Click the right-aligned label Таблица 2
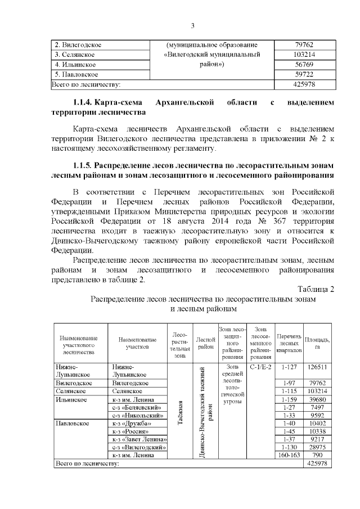(x=316, y=289)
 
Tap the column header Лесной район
(x=206, y=342)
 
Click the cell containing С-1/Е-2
(x=260, y=367)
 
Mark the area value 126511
(x=317, y=367)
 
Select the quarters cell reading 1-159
(x=288, y=399)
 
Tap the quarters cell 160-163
(x=288, y=454)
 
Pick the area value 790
(x=317, y=454)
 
